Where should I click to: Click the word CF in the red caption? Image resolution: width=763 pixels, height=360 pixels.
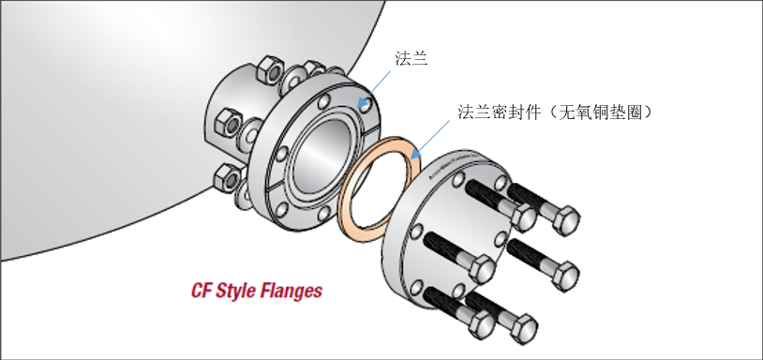tap(202, 290)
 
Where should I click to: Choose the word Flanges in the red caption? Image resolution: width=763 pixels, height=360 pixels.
tap(292, 291)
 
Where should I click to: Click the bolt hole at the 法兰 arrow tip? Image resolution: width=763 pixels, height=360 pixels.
tap(362, 103)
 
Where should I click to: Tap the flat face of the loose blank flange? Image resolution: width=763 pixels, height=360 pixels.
tap(422, 253)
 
